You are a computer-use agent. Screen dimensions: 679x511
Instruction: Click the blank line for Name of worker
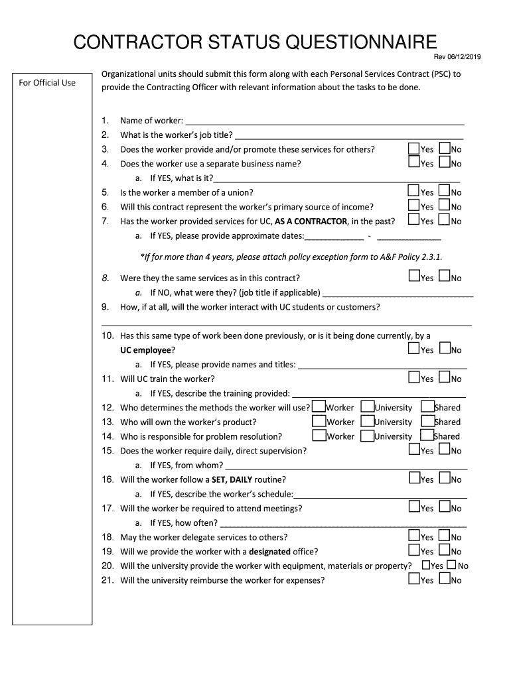[325, 121]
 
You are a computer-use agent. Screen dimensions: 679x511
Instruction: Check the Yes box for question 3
[413, 149]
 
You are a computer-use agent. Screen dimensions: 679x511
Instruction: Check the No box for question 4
[445, 162]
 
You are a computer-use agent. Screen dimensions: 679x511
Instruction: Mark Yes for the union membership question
[413, 191]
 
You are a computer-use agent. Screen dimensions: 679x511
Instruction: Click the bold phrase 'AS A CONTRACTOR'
[311, 221]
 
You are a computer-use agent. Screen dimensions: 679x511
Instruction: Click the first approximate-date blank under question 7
[334, 236]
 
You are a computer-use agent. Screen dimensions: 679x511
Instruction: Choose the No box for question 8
[445, 277]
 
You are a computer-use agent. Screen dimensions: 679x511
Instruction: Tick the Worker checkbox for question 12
[319, 406]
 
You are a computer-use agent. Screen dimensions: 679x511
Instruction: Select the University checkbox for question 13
[367, 421]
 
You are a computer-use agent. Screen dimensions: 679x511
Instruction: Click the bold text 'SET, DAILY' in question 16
[232, 479]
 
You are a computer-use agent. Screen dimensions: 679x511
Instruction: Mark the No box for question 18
[445, 536]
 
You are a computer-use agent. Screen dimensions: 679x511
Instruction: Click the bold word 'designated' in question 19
[269, 552]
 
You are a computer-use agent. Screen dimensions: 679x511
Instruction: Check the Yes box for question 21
[414, 580]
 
